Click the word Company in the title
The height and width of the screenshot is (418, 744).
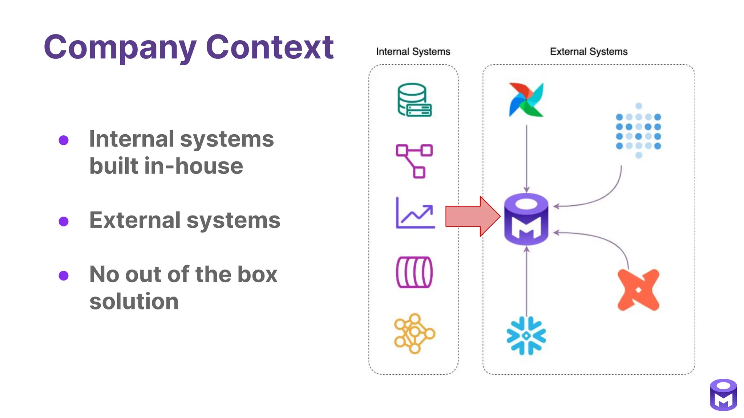120,48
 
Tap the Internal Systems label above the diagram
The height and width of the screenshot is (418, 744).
413,52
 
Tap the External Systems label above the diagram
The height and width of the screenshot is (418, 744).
589,52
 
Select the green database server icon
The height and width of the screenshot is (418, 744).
414,100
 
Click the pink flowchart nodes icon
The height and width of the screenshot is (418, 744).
414,161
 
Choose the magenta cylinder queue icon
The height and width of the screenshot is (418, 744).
414,272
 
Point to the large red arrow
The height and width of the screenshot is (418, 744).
472,216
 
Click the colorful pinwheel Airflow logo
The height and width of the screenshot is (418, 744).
526,100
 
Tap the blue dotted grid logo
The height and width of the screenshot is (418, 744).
638,131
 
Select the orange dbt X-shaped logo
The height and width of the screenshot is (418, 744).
638,290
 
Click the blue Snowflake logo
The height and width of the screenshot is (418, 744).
526,336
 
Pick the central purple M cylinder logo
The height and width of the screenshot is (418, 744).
526,219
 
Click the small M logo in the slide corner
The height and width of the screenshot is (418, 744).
723,395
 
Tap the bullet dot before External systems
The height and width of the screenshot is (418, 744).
64,221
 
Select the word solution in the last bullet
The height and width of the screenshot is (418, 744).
134,302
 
